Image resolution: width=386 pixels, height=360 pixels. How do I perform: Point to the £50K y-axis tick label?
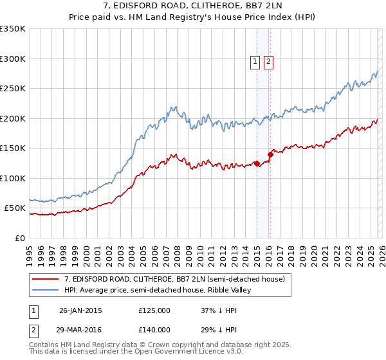click(x=14, y=208)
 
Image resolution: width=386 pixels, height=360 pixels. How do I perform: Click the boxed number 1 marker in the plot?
click(x=255, y=62)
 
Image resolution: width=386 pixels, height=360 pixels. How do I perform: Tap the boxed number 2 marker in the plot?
click(x=268, y=62)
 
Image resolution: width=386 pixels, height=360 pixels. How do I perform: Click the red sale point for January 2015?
click(x=257, y=163)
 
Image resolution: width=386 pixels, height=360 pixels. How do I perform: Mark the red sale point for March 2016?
click(x=270, y=154)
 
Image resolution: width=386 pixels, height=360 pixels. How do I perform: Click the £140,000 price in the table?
click(x=154, y=328)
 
